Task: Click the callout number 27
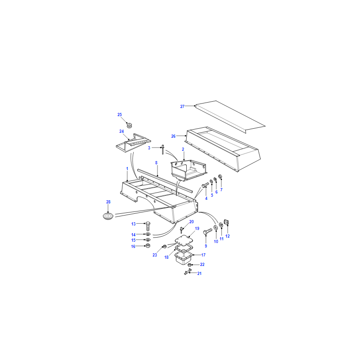click(182, 107)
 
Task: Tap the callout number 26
click(173, 136)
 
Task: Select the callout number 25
click(120, 115)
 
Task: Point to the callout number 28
click(108, 202)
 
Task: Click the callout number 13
click(133, 224)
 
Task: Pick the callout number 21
click(199, 274)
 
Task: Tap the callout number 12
click(228, 236)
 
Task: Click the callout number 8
click(156, 163)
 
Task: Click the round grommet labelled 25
click(130, 126)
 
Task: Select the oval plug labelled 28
click(108, 216)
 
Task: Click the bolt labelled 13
click(148, 226)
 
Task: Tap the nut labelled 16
click(148, 246)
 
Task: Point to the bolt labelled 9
click(208, 231)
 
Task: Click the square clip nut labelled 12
click(227, 222)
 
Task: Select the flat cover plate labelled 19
click(184, 240)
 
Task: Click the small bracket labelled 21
click(188, 272)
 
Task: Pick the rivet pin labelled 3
click(163, 149)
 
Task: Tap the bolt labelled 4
click(205, 185)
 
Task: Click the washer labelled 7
click(220, 176)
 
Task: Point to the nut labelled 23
click(164, 247)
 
